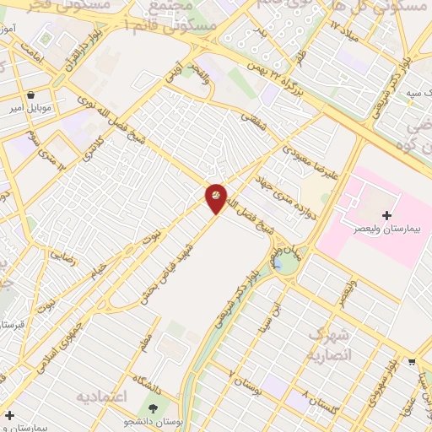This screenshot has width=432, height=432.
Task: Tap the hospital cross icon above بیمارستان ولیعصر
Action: coord(386,216)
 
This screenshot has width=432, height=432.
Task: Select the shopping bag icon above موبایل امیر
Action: coord(32,95)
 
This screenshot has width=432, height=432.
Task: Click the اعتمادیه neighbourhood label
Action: coord(101,396)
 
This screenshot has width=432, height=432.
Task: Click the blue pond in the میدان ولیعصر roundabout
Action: coord(278,264)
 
